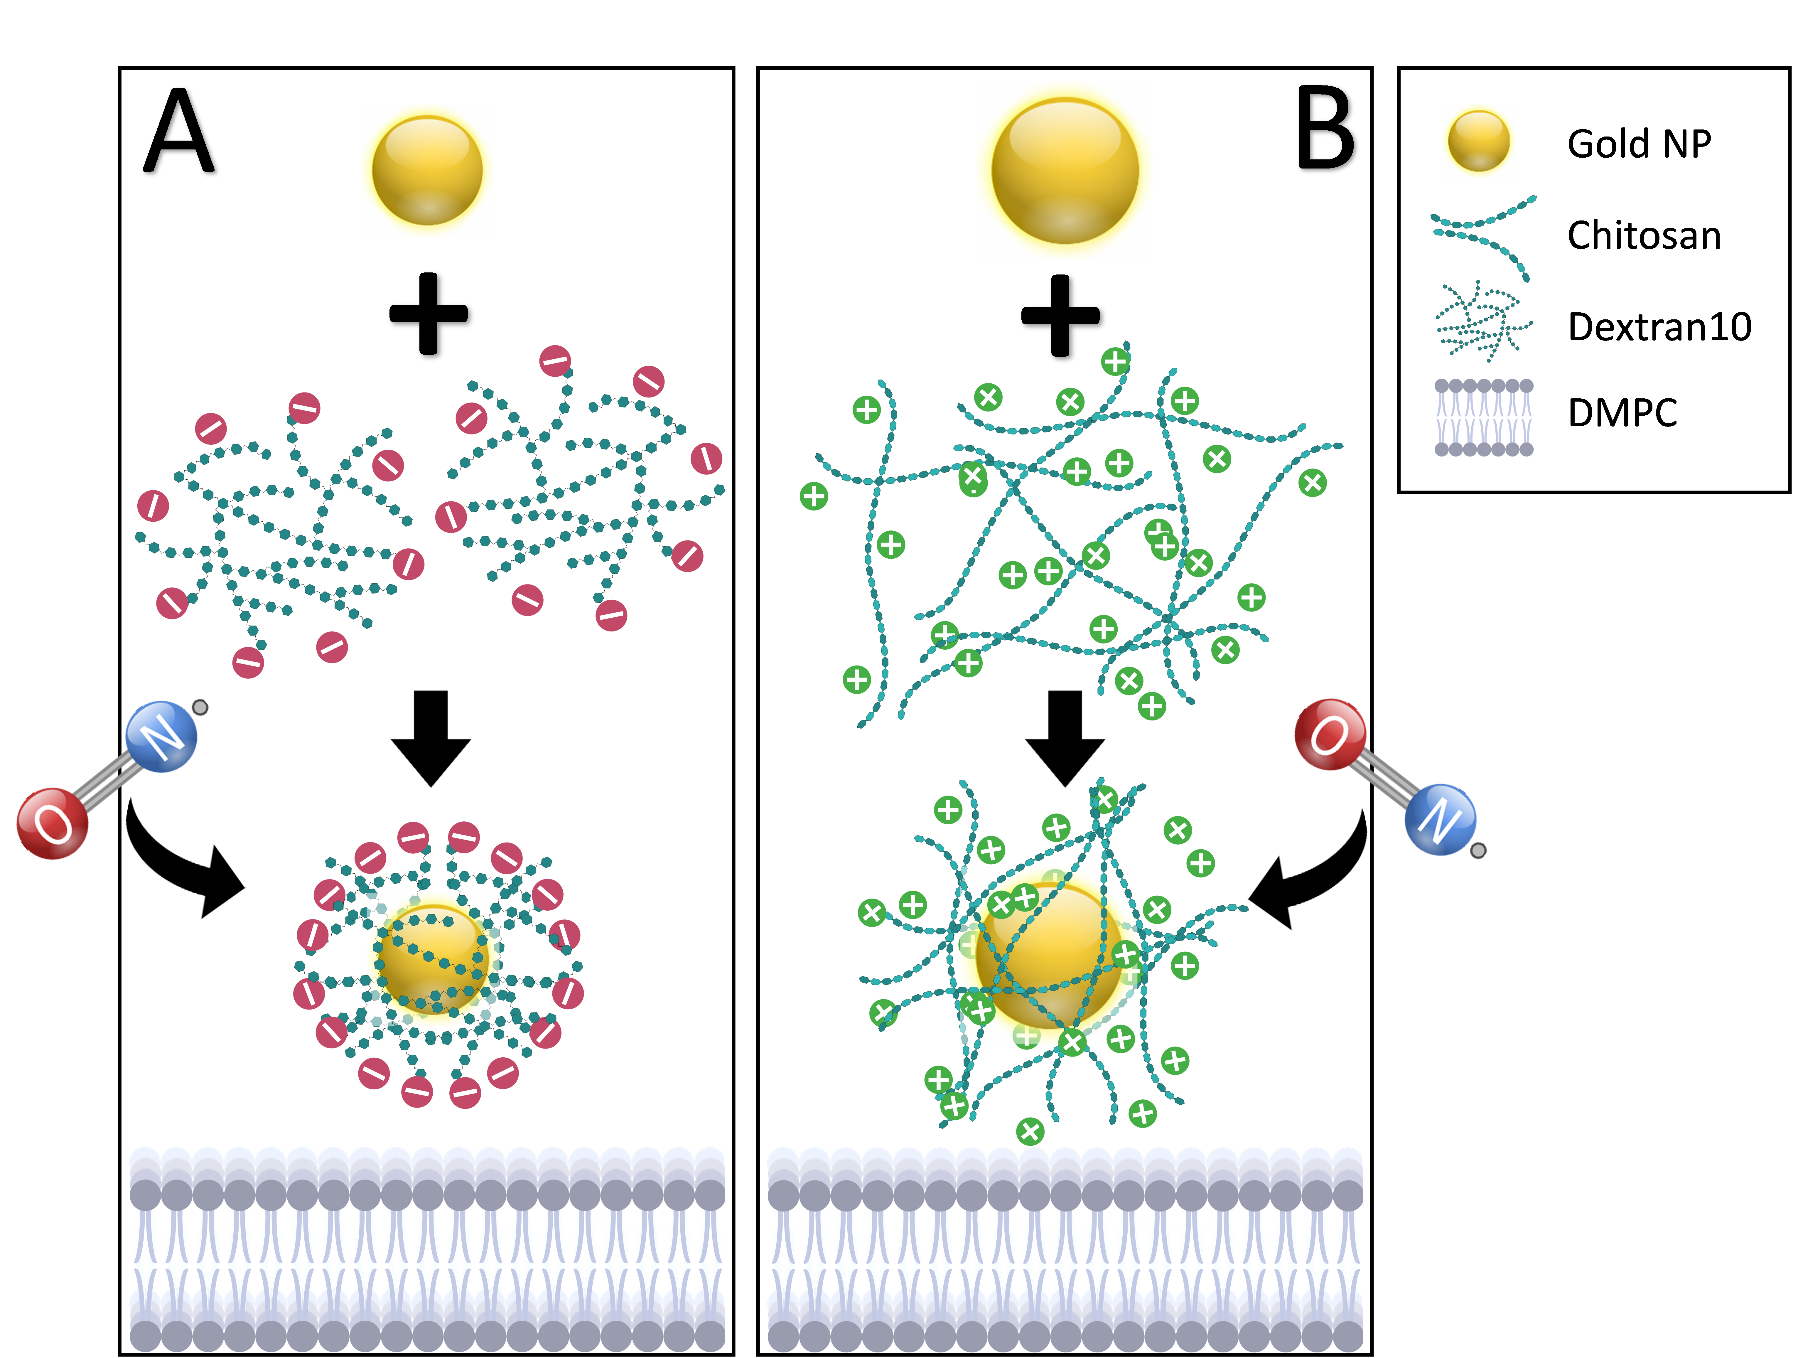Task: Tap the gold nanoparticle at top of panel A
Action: click(x=427, y=170)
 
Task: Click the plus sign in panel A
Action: click(x=429, y=314)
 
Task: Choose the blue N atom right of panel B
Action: click(x=1441, y=819)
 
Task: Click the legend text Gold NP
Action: click(x=1639, y=144)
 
